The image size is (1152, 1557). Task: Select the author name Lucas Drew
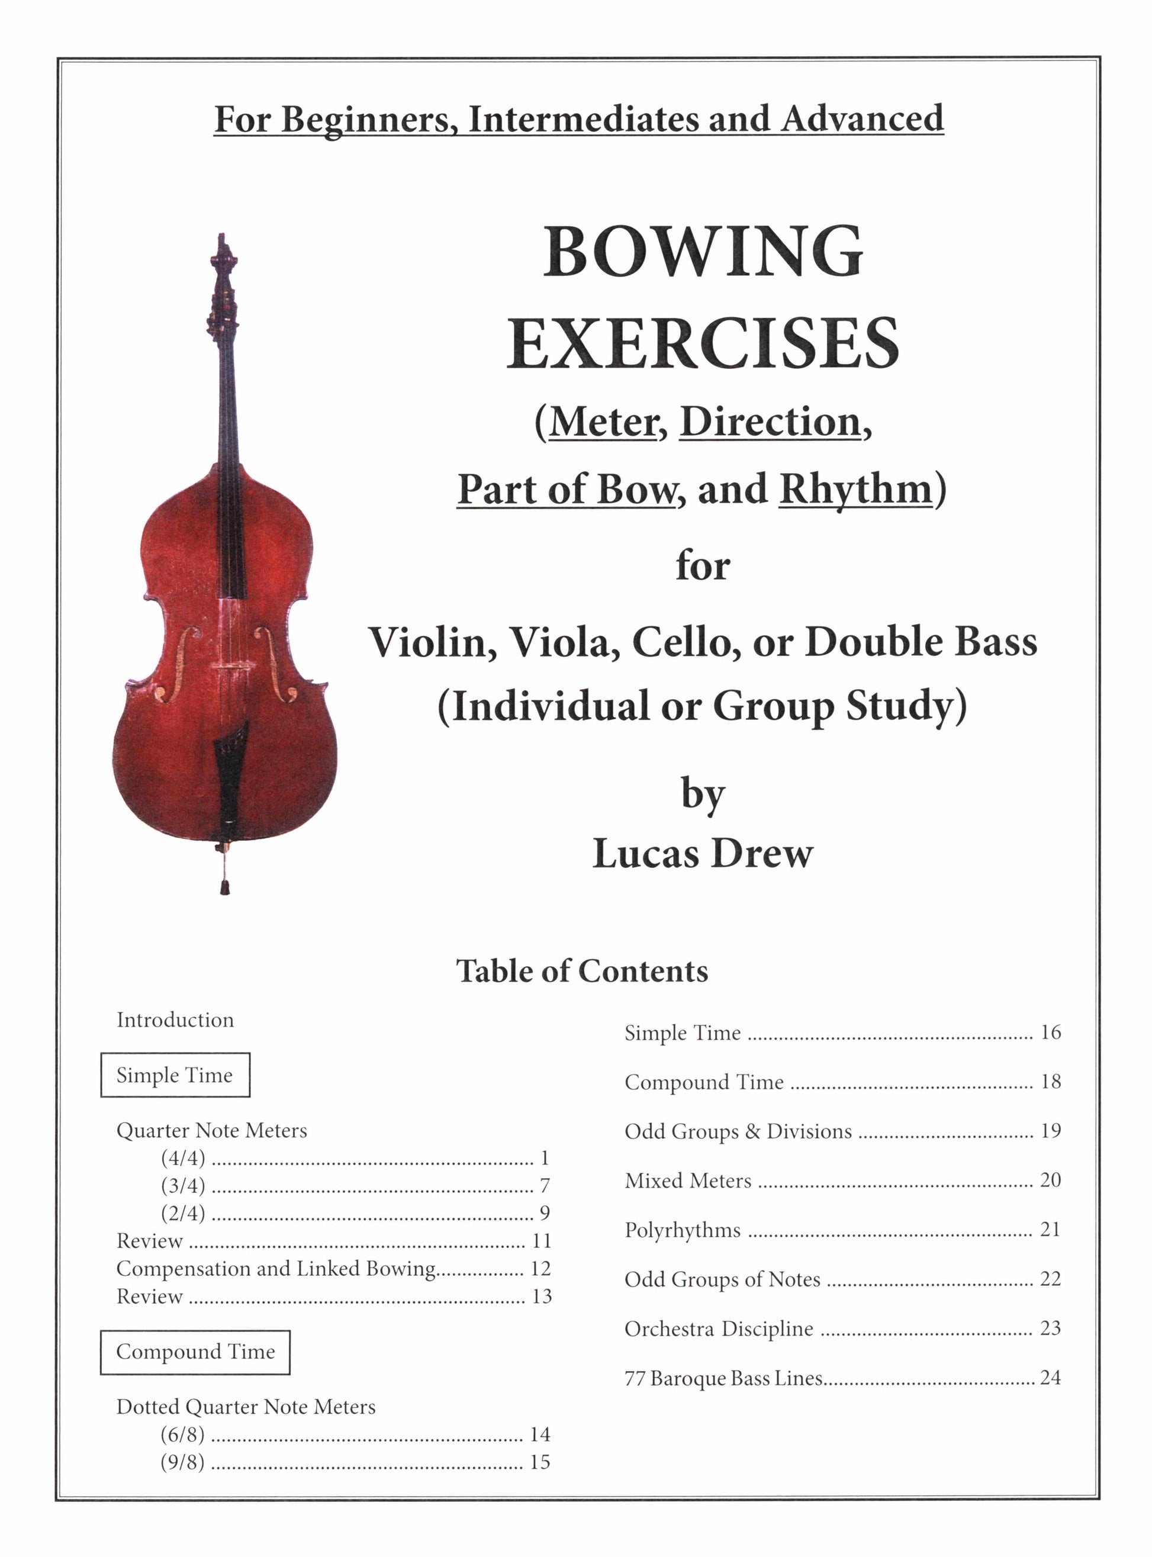(703, 852)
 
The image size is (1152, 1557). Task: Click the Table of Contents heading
(583, 970)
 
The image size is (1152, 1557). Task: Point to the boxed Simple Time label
(175, 1075)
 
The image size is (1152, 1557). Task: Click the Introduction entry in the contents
(175, 1019)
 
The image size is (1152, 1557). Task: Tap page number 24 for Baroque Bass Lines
(1050, 1377)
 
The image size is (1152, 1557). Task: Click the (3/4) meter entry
(184, 1185)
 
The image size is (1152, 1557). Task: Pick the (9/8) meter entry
(183, 1462)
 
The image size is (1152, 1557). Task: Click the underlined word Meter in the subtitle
(602, 422)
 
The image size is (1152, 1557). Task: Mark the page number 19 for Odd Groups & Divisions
(1050, 1130)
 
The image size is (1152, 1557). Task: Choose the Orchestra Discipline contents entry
(719, 1328)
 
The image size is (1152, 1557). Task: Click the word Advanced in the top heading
(862, 118)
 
